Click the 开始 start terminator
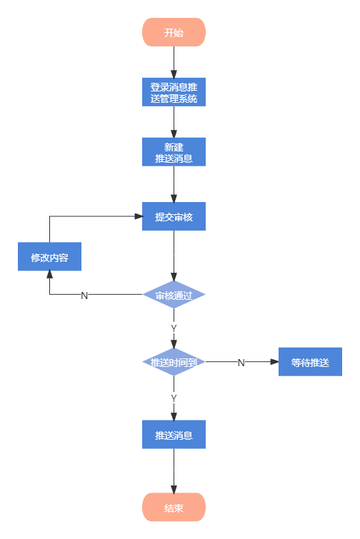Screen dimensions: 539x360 pyautogui.click(x=174, y=32)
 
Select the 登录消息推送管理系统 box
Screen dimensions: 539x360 pyautogui.click(x=174, y=92)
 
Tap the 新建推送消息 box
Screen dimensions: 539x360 pyautogui.click(x=174, y=152)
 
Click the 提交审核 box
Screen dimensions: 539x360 pyautogui.click(x=174, y=216)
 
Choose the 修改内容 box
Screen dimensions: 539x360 pyautogui.click(x=49, y=257)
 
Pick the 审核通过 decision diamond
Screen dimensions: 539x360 pyautogui.click(x=174, y=294)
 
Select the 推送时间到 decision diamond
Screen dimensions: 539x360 pyautogui.click(x=174, y=362)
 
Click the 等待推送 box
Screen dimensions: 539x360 pyautogui.click(x=310, y=362)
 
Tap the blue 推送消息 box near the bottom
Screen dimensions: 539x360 pyautogui.click(x=174, y=434)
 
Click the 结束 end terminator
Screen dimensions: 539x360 pyautogui.click(x=174, y=508)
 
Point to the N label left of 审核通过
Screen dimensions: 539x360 pyautogui.click(x=84, y=295)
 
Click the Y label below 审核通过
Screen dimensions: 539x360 pyautogui.click(x=174, y=328)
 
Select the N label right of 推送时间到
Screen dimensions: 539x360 pyautogui.click(x=241, y=363)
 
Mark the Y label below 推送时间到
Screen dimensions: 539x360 pyautogui.click(x=174, y=397)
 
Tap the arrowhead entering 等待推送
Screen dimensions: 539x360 pyautogui.click(x=274, y=362)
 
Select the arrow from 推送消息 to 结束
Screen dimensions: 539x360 pyautogui.click(x=174, y=470)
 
